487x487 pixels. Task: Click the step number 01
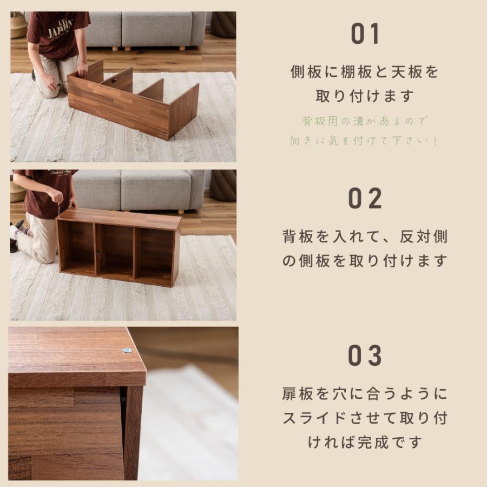pyautogui.click(x=366, y=34)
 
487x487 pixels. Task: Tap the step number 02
pyautogui.click(x=366, y=199)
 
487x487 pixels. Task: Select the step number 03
pyautogui.click(x=366, y=356)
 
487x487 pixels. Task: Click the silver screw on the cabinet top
pyautogui.click(x=127, y=350)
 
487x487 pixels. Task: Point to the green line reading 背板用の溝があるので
pyautogui.click(x=365, y=121)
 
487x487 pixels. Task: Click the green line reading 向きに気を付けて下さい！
pyautogui.click(x=365, y=141)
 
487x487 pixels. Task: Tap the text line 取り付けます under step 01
pyautogui.click(x=365, y=96)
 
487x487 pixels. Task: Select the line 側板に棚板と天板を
pyautogui.click(x=365, y=72)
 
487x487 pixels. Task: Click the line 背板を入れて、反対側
pyautogui.click(x=365, y=236)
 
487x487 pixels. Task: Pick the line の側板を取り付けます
pyautogui.click(x=365, y=261)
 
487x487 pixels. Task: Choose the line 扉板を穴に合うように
pyautogui.click(x=365, y=393)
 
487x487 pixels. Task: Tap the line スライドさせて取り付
pyautogui.click(x=365, y=418)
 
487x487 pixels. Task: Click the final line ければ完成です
pyautogui.click(x=365, y=442)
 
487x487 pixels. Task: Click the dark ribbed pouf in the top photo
pyautogui.click(x=223, y=24)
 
